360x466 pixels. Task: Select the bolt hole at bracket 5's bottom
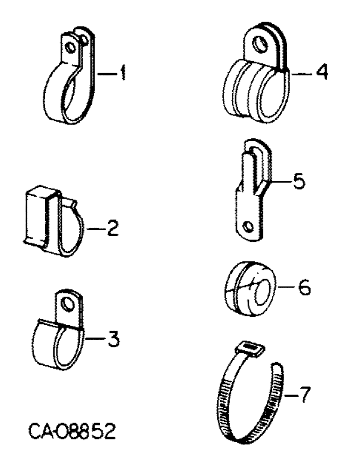tap(250, 227)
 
